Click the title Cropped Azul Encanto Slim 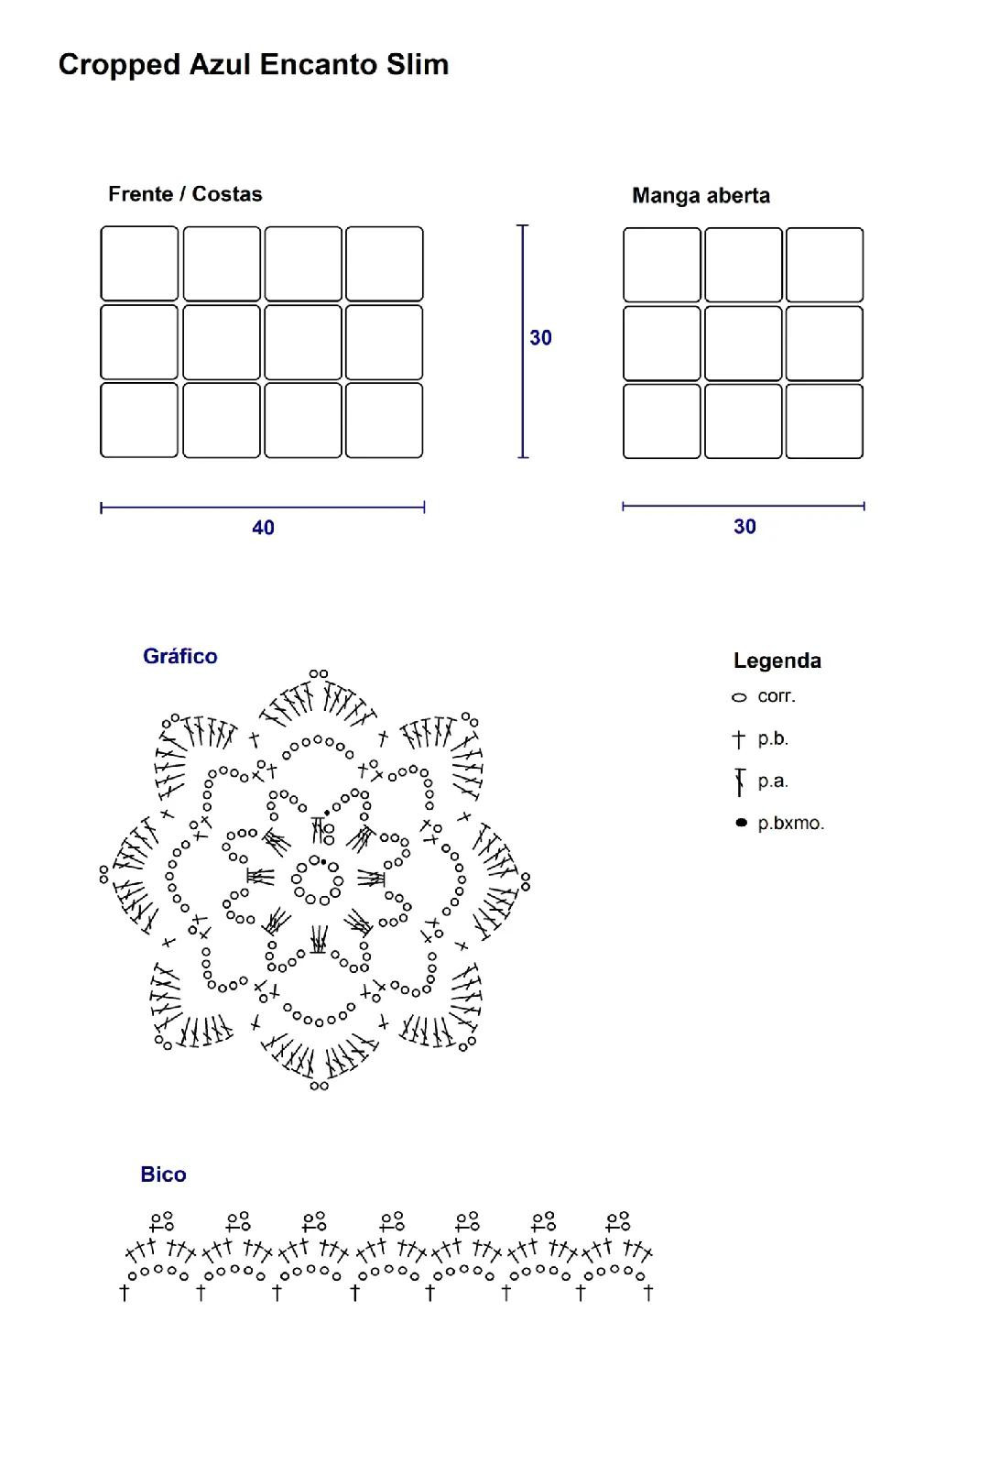254,65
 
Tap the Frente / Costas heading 185,194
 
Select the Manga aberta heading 701,195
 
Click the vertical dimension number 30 540,338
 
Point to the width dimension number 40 263,528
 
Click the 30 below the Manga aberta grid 744,527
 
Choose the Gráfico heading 180,656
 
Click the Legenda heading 777,661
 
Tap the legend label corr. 777,696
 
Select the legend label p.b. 773,738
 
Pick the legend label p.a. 773,781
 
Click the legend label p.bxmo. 791,824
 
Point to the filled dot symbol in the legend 741,823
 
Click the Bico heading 163,1175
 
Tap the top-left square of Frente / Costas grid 139,264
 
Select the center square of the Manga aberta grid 744,343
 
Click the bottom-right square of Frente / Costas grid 385,420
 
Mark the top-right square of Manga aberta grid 824,265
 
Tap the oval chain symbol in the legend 739,698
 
